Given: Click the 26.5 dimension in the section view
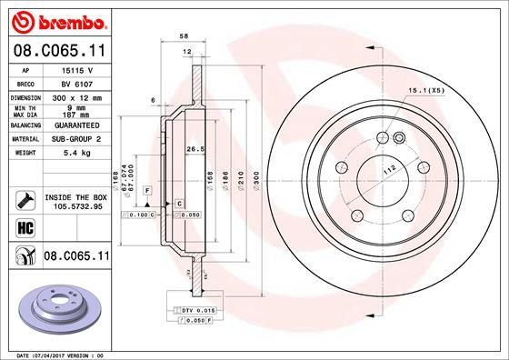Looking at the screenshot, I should [193, 148].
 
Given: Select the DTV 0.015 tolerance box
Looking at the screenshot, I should [194, 312].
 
